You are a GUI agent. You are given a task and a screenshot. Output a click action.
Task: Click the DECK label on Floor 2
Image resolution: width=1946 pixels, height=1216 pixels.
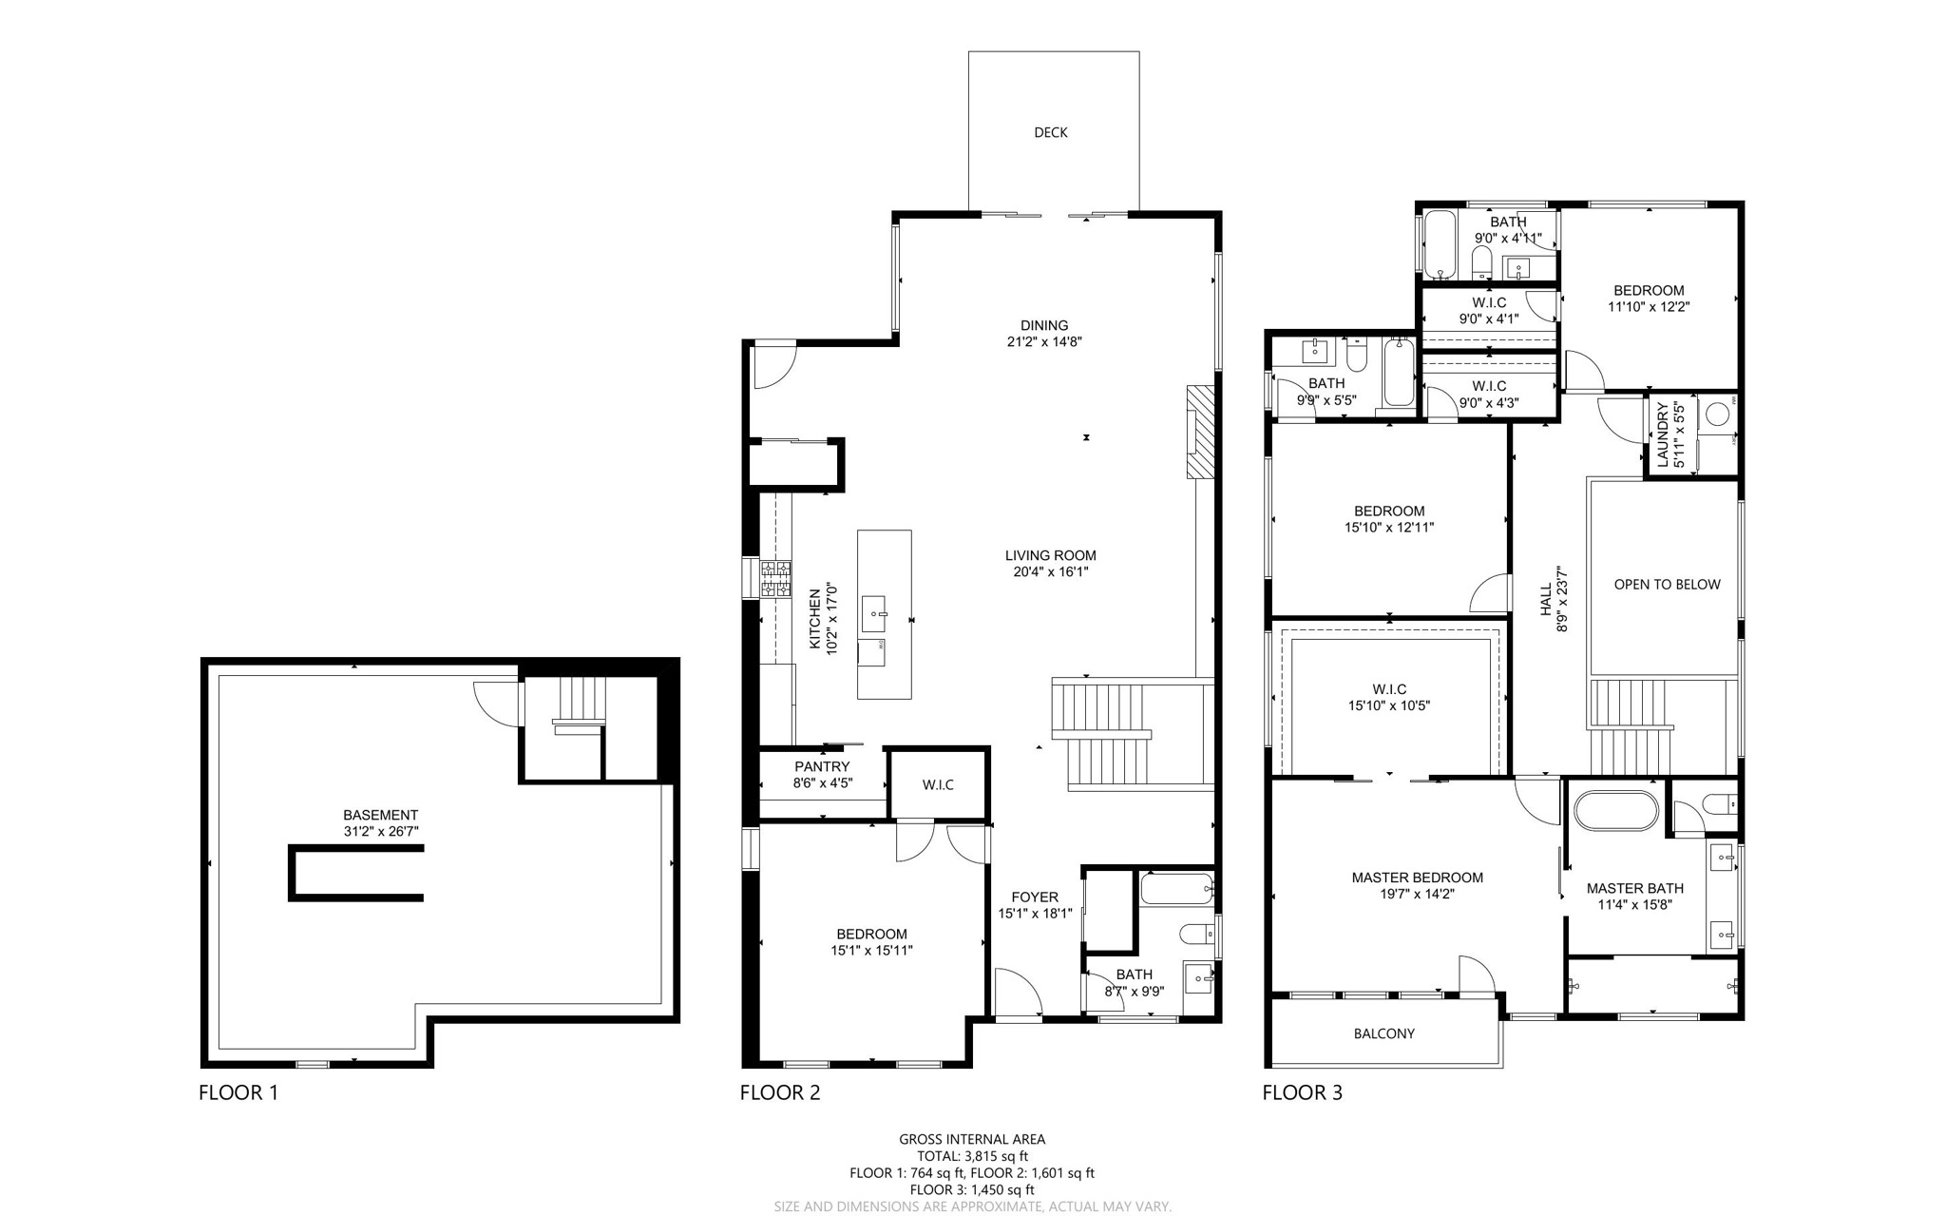pyautogui.click(x=1050, y=132)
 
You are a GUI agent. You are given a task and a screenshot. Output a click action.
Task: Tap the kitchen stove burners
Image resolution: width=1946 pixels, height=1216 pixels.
pyautogui.click(x=775, y=579)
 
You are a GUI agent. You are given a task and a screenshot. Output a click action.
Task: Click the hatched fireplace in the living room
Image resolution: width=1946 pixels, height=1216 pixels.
pyautogui.click(x=1200, y=432)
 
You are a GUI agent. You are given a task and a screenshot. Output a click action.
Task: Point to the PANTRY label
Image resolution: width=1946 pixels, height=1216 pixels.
pyautogui.click(x=822, y=766)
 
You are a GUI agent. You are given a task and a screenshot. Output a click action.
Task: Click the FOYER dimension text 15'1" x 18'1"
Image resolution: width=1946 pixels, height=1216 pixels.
pyautogui.click(x=1035, y=913)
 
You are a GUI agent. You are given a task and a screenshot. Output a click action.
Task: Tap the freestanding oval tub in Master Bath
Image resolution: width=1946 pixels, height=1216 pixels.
pyautogui.click(x=1615, y=811)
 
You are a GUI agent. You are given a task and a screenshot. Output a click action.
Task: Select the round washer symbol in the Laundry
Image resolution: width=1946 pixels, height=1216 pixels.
pyautogui.click(x=1717, y=415)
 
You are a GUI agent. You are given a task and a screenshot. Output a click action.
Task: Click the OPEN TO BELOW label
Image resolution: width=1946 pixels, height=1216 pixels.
pyautogui.click(x=1667, y=585)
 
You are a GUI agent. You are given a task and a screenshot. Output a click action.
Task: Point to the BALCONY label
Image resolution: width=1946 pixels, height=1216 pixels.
pyautogui.click(x=1383, y=1033)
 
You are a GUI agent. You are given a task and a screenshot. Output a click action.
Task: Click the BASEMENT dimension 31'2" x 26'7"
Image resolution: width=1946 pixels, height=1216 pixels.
pyautogui.click(x=380, y=831)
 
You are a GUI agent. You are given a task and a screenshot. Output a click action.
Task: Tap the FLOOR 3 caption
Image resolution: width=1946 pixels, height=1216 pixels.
pyautogui.click(x=1302, y=1092)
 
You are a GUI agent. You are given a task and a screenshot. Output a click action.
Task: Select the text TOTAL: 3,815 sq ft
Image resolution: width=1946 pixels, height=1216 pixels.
pyautogui.click(x=972, y=1156)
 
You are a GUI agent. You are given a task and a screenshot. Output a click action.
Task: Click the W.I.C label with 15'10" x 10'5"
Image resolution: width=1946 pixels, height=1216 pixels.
pyautogui.click(x=1388, y=689)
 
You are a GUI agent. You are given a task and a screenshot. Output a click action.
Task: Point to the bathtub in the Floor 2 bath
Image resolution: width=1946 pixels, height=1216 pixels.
pyautogui.click(x=1176, y=889)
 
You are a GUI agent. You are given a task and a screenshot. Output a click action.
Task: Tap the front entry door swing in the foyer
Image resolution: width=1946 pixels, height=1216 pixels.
pyautogui.click(x=1017, y=994)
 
